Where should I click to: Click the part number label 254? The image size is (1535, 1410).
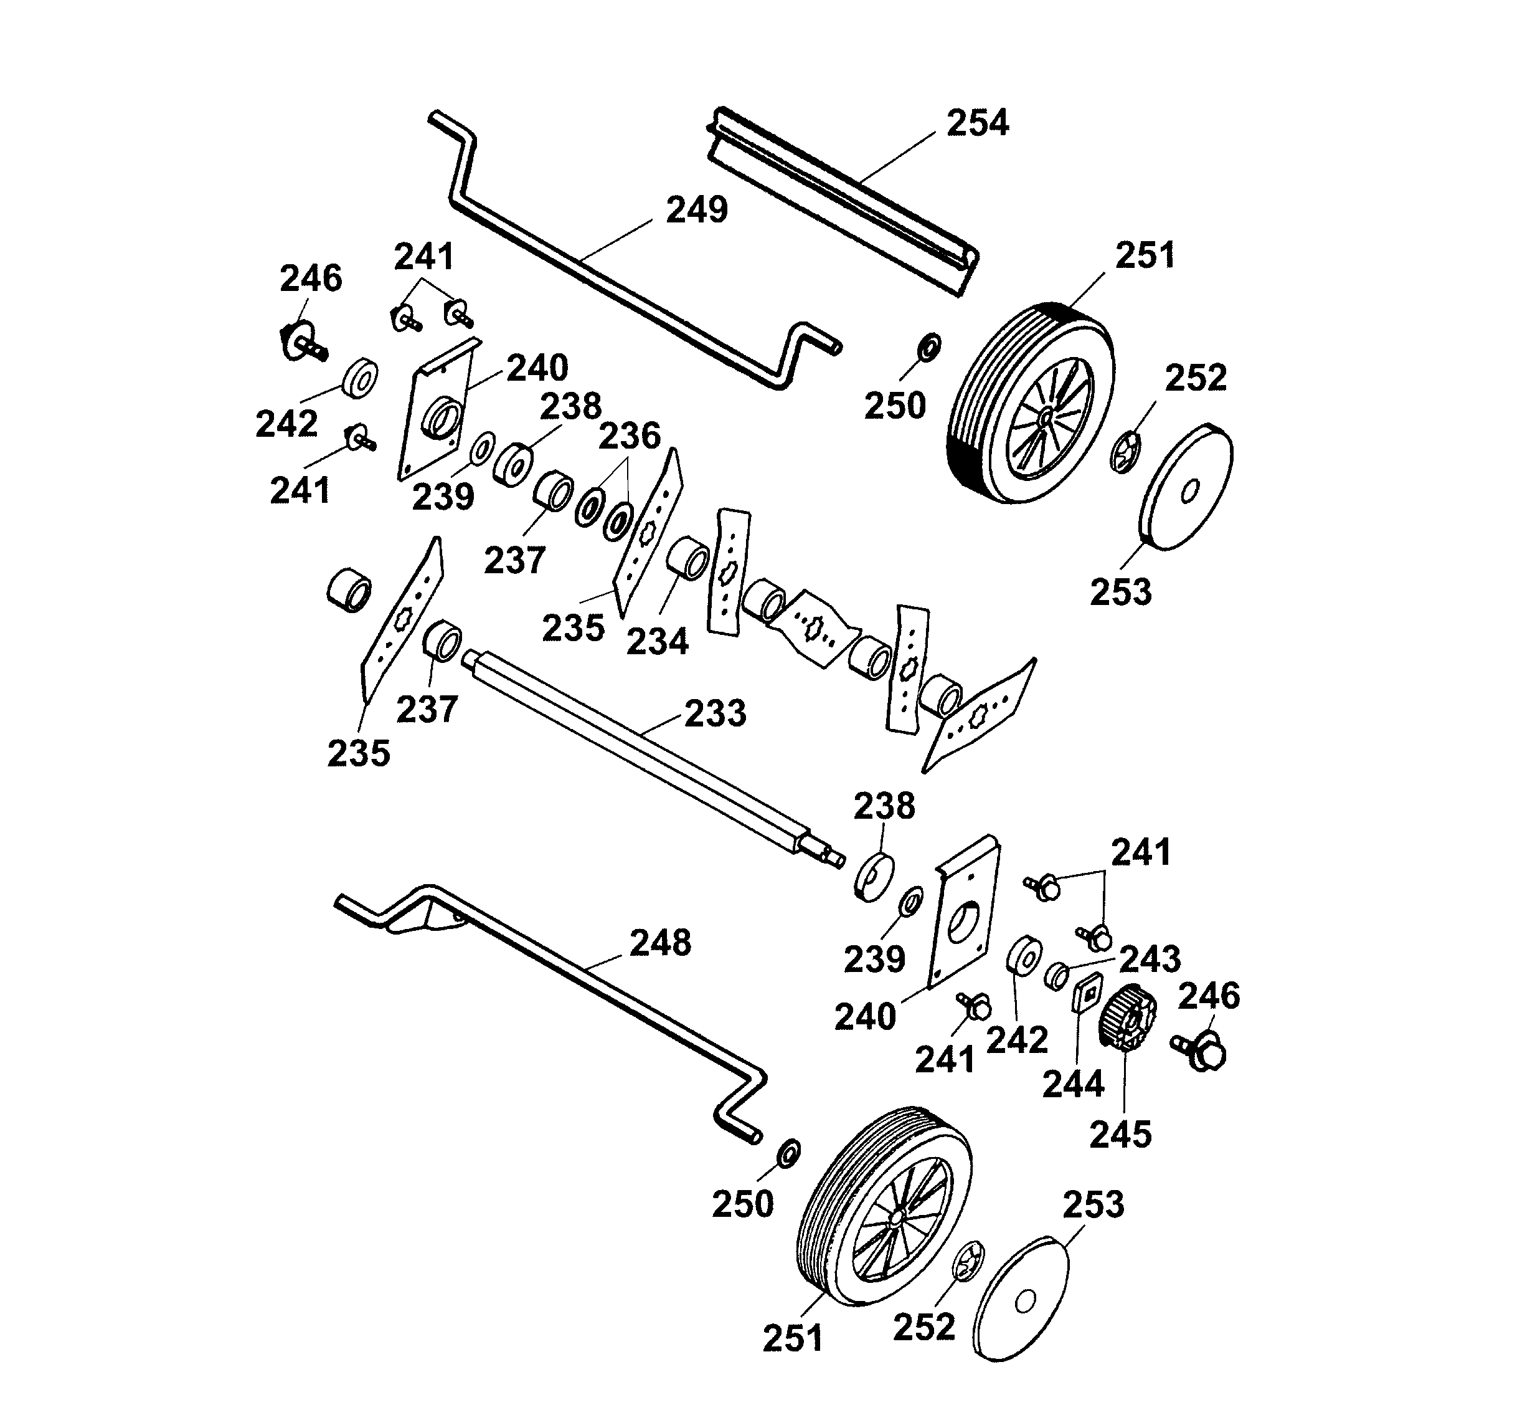(978, 123)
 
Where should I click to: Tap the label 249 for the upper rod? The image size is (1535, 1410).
(697, 210)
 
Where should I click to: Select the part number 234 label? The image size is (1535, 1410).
(658, 642)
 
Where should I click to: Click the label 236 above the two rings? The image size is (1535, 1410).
(629, 436)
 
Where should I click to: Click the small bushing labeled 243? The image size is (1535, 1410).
(1057, 976)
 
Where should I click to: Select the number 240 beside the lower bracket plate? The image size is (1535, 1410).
(865, 1017)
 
